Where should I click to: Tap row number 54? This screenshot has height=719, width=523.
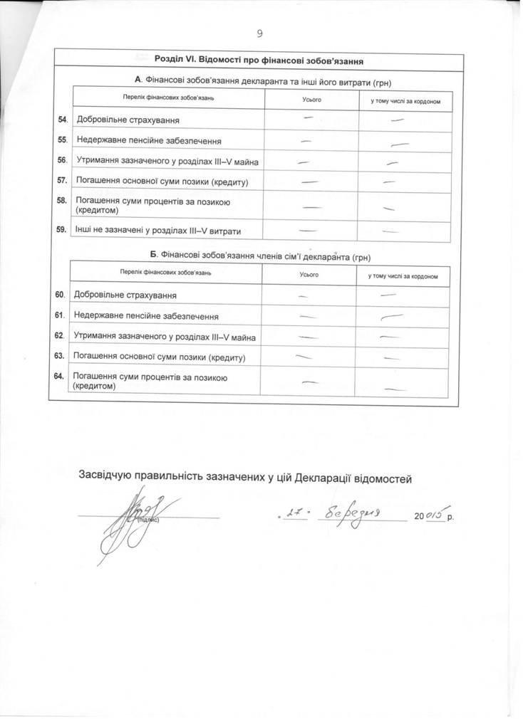62,120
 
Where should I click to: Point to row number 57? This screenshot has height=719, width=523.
62,182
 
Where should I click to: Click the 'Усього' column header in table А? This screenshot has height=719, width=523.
311,100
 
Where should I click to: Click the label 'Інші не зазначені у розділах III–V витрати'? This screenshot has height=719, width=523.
157,231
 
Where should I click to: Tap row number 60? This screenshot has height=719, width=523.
60,294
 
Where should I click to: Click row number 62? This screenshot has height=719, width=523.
60,335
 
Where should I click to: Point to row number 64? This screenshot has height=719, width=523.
60,376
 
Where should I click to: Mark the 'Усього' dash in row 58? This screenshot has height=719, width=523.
311,207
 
